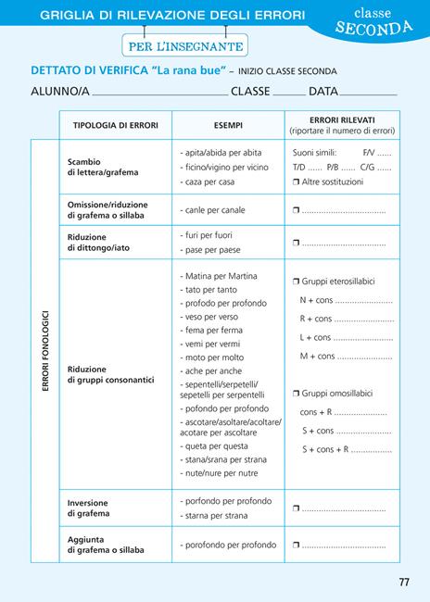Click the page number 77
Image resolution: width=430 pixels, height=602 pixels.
click(x=403, y=582)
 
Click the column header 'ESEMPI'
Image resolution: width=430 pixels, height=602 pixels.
click(x=228, y=125)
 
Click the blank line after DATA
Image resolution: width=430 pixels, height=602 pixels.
click(x=368, y=94)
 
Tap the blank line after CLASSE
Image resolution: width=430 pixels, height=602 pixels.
click(x=288, y=94)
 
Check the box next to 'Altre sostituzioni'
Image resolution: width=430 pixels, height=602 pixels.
click(x=297, y=182)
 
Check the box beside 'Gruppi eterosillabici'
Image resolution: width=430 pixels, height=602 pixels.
click(x=297, y=281)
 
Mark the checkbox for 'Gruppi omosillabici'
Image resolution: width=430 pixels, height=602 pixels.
click(x=297, y=393)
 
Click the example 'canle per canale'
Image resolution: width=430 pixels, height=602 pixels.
click(x=212, y=210)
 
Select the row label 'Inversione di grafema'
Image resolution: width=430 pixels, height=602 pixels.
click(x=88, y=508)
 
